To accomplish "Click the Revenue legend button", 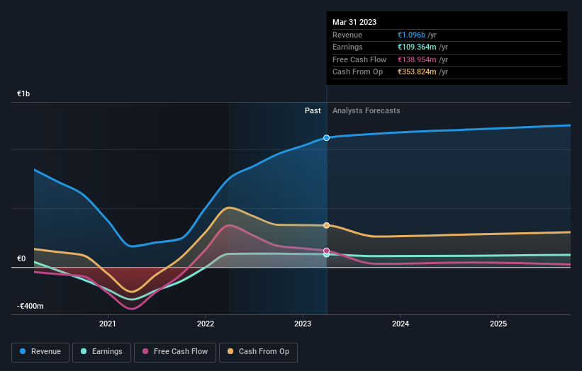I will [41, 351].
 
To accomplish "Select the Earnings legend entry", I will [102, 351].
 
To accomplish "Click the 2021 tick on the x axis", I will [108, 324].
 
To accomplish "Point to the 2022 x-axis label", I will [205, 324].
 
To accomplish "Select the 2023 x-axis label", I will [303, 324].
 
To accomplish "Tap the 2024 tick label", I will [400, 324].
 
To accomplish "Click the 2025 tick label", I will [498, 324].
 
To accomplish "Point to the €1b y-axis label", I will [24, 93].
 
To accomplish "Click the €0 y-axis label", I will [22, 259].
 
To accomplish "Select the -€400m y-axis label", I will [30, 307].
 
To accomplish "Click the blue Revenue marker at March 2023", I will [327, 137].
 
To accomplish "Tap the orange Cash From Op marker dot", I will [327, 225].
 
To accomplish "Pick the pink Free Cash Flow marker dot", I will [327, 251].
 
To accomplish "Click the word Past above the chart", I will [313, 111].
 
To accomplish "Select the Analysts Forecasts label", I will [366, 111].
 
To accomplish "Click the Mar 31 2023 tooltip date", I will [354, 23].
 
